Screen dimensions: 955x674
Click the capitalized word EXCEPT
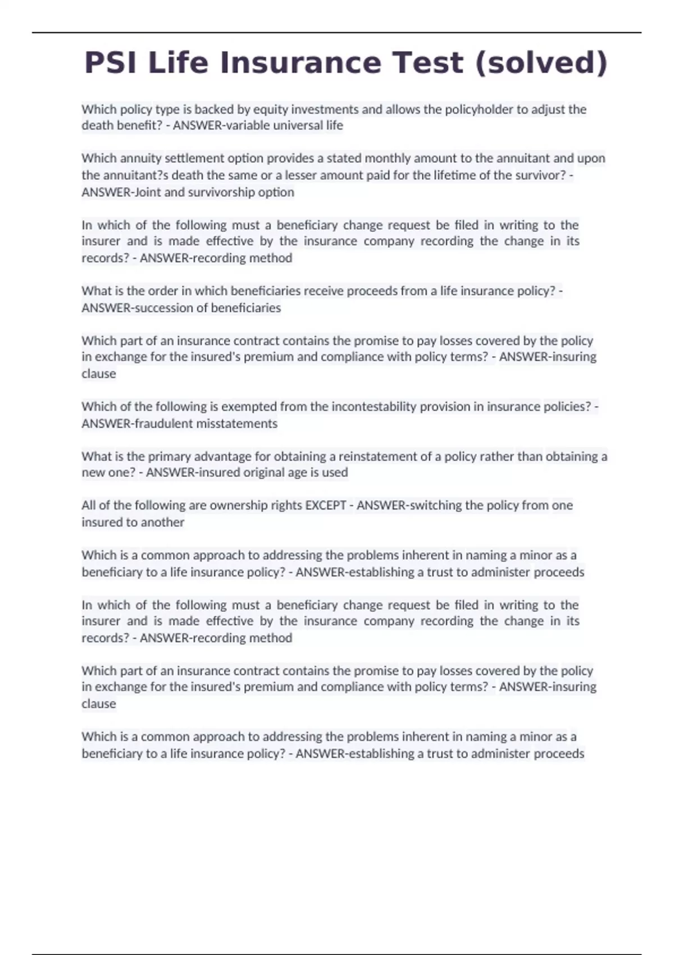point(325,506)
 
